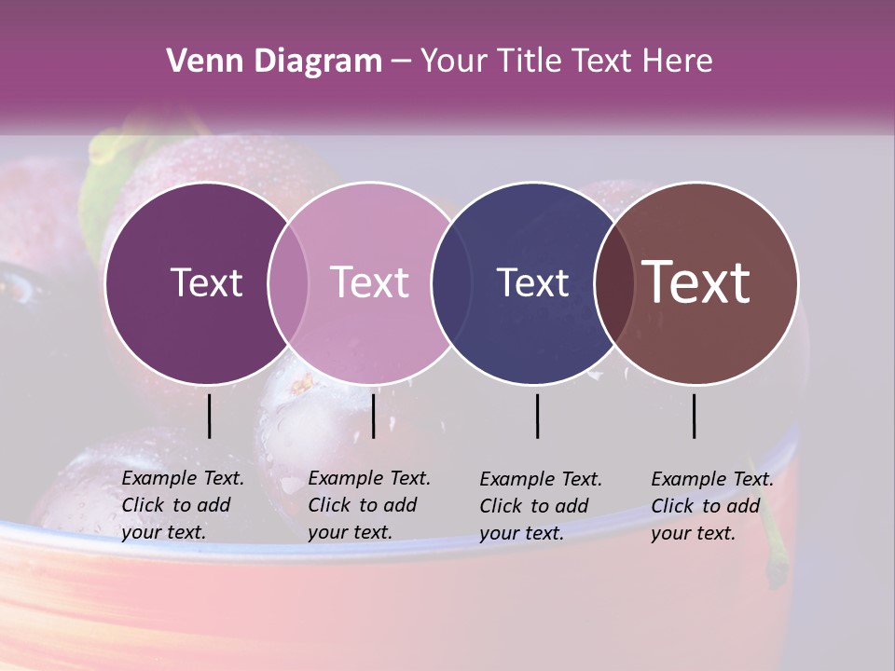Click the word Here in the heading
pos(679,62)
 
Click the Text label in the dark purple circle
pos(206,282)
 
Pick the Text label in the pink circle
pos(369,282)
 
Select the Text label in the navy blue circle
pos(532,282)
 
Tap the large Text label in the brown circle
pos(696,282)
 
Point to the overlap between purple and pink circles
pos(288,282)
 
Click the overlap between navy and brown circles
pos(613,282)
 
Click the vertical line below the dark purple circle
pos(210,416)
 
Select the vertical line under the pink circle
pos(373,416)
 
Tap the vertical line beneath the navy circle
pos(538,416)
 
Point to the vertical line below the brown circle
pos(695,416)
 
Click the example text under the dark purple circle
pos(182,505)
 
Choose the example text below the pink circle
pos(368,505)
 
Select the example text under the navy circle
pos(540,506)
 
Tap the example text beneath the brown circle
pos(711,506)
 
